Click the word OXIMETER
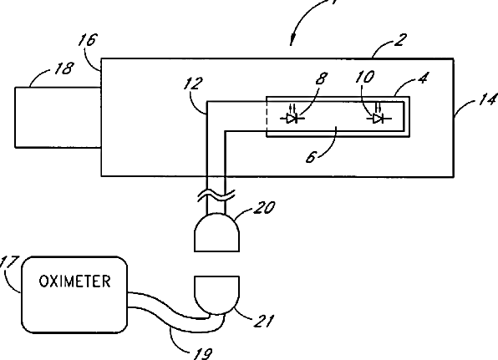tap(74, 281)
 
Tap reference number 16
tap(88, 40)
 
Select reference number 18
tap(64, 68)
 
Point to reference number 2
tap(400, 40)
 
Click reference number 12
tap(193, 84)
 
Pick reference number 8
tap(322, 78)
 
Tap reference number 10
tap(365, 77)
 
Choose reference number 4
tap(423, 78)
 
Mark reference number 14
tap(488, 99)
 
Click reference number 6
tap(312, 157)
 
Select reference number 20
tap(264, 207)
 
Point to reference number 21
tap(263, 321)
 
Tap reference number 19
tap(202, 353)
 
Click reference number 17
tap(9, 262)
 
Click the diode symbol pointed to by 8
tap(292, 116)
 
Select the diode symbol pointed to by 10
tap(379, 116)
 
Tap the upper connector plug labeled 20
tap(216, 233)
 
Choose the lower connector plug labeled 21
tap(216, 295)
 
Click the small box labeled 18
tap(58, 118)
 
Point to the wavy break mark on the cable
tap(216, 195)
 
